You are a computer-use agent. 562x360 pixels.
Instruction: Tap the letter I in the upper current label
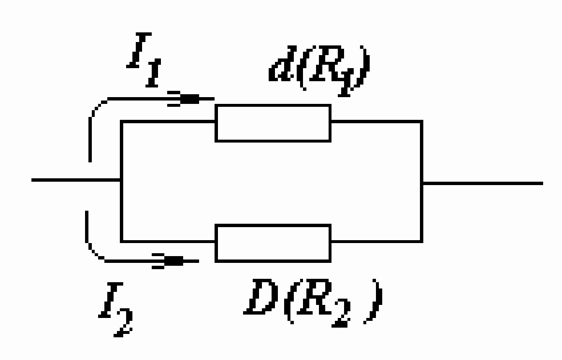pos(139,50)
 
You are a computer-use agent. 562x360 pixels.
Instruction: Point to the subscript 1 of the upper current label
pos(153,73)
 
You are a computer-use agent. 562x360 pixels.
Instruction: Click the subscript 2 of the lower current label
pos(124,322)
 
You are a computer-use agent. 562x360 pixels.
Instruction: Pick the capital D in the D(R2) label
pos(260,297)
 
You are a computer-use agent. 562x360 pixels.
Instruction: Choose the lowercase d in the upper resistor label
pos(282,63)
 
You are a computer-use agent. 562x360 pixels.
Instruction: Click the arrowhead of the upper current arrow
pos(189,99)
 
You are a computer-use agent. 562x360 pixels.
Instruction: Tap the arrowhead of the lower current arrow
pos(173,261)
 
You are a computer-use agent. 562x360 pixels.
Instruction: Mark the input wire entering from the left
pos(76,180)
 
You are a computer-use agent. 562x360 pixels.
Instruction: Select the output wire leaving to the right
pos(483,183)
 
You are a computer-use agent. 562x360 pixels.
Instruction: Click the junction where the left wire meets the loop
pos(121,180)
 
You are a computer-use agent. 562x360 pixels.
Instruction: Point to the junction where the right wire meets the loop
pos(422,183)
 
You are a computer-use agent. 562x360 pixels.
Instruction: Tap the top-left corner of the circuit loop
pos(121,122)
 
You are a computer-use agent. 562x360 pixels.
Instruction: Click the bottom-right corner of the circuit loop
pos(422,242)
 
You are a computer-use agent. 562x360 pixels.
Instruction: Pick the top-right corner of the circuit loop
pos(422,122)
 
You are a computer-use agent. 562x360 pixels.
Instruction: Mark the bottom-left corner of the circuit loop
pos(121,242)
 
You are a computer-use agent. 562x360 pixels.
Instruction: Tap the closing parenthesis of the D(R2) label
pos(374,301)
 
